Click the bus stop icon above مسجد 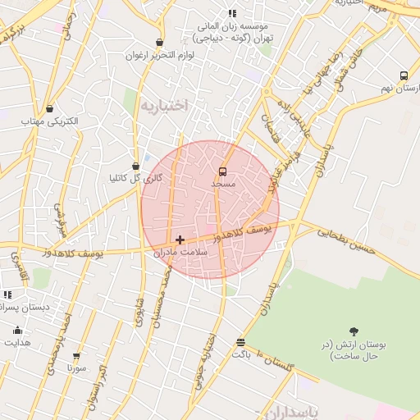(223, 171)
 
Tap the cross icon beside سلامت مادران (180, 240)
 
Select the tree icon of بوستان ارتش (354, 331)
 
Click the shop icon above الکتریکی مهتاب (50, 108)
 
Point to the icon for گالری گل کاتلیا (135, 166)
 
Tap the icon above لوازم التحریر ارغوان (158, 43)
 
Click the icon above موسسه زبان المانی (232, 13)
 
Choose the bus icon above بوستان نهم (404, 75)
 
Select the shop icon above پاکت (240, 342)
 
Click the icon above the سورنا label (76, 357)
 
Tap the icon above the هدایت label (17, 331)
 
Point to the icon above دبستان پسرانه (7, 294)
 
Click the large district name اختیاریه (163, 105)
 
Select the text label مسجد (223, 185)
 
